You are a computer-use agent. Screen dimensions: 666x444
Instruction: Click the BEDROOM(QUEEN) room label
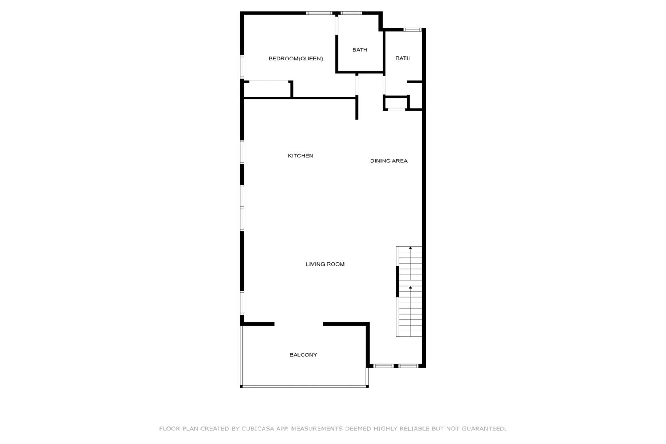[x=295, y=59]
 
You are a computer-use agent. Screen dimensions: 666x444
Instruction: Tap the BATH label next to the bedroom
[x=360, y=50]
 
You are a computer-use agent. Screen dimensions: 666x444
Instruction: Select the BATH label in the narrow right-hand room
[x=403, y=58]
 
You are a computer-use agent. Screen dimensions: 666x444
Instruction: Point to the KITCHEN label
[x=300, y=156]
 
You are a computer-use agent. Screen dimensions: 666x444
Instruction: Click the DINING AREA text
[x=389, y=161]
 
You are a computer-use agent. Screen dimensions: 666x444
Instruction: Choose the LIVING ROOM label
[x=325, y=264]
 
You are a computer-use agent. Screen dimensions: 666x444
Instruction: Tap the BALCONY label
[x=303, y=355]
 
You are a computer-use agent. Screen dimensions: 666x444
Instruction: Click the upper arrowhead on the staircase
[x=410, y=248]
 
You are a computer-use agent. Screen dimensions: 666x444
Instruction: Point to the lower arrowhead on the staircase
[x=410, y=287]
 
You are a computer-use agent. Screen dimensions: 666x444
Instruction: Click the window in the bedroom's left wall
[x=242, y=67]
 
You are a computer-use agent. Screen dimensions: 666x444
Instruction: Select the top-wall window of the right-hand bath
[x=413, y=30]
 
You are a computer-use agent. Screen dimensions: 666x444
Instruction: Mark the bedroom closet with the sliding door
[x=267, y=89]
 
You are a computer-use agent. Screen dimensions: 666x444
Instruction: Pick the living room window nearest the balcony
[x=242, y=303]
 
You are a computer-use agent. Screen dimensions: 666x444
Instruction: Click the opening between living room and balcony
[x=299, y=324]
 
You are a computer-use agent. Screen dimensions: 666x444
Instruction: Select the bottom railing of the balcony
[x=304, y=386]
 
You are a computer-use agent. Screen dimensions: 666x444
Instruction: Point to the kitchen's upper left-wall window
[x=242, y=152]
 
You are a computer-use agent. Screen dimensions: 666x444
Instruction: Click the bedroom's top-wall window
[x=319, y=13]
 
